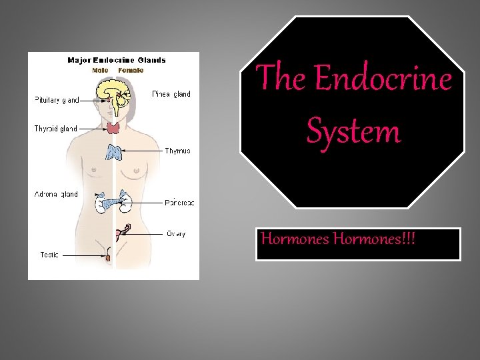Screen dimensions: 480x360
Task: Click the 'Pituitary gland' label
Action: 57,100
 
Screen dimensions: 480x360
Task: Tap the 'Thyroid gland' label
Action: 55,129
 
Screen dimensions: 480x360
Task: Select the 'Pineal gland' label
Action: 171,94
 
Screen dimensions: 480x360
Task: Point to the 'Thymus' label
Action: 177,151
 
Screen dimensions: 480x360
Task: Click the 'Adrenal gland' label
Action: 56,195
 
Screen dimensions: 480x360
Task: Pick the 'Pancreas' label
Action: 179,203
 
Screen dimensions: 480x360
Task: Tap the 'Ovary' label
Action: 176,234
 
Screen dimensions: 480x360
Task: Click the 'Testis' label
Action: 49,255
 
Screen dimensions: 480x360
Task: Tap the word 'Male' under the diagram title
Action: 100,70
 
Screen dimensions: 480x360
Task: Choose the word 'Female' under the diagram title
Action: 131,70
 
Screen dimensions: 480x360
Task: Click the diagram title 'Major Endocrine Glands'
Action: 117,61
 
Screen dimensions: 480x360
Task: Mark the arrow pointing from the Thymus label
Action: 144,151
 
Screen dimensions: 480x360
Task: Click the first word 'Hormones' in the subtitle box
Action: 293,238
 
